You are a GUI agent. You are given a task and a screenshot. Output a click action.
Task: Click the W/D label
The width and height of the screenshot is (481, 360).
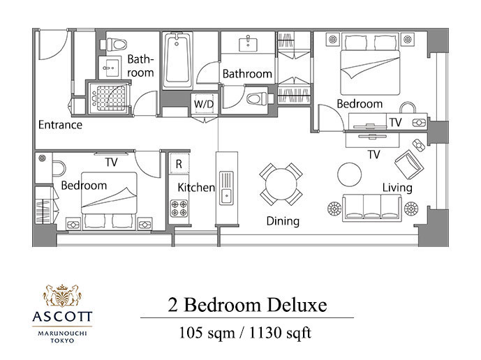(204, 104)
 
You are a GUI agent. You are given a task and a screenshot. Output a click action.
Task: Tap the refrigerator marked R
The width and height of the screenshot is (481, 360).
(179, 164)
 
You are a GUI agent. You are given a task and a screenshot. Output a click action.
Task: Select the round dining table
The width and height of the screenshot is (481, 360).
(281, 184)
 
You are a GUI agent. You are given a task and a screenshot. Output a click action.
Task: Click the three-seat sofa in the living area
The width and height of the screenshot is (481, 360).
(372, 208)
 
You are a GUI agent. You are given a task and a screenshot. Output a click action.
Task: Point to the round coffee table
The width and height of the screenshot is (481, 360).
(349, 174)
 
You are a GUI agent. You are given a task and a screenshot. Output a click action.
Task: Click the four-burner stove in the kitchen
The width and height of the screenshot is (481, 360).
(179, 208)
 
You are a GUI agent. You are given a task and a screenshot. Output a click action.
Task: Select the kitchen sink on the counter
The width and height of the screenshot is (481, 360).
(226, 188)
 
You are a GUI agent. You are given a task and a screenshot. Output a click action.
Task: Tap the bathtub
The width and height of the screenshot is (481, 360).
(177, 61)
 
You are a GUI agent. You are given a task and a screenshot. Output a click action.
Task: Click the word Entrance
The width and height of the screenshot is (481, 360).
(60, 125)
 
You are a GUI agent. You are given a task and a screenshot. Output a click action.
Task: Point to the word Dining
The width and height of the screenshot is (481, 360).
(283, 221)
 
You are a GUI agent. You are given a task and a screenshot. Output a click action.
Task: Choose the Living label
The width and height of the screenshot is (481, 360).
(397, 188)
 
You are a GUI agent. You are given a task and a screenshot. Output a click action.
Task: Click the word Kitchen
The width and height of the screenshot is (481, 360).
(196, 188)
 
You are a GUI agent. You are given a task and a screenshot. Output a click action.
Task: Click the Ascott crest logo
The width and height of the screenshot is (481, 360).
(62, 296)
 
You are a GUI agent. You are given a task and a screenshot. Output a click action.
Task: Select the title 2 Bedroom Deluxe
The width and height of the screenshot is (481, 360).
(247, 305)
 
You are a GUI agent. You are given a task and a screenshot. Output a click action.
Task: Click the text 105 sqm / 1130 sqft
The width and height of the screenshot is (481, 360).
(245, 332)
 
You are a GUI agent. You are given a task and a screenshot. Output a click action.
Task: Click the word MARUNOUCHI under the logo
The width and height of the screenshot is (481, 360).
(62, 333)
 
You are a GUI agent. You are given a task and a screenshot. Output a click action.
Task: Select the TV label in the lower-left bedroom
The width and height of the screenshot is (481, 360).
(112, 162)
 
